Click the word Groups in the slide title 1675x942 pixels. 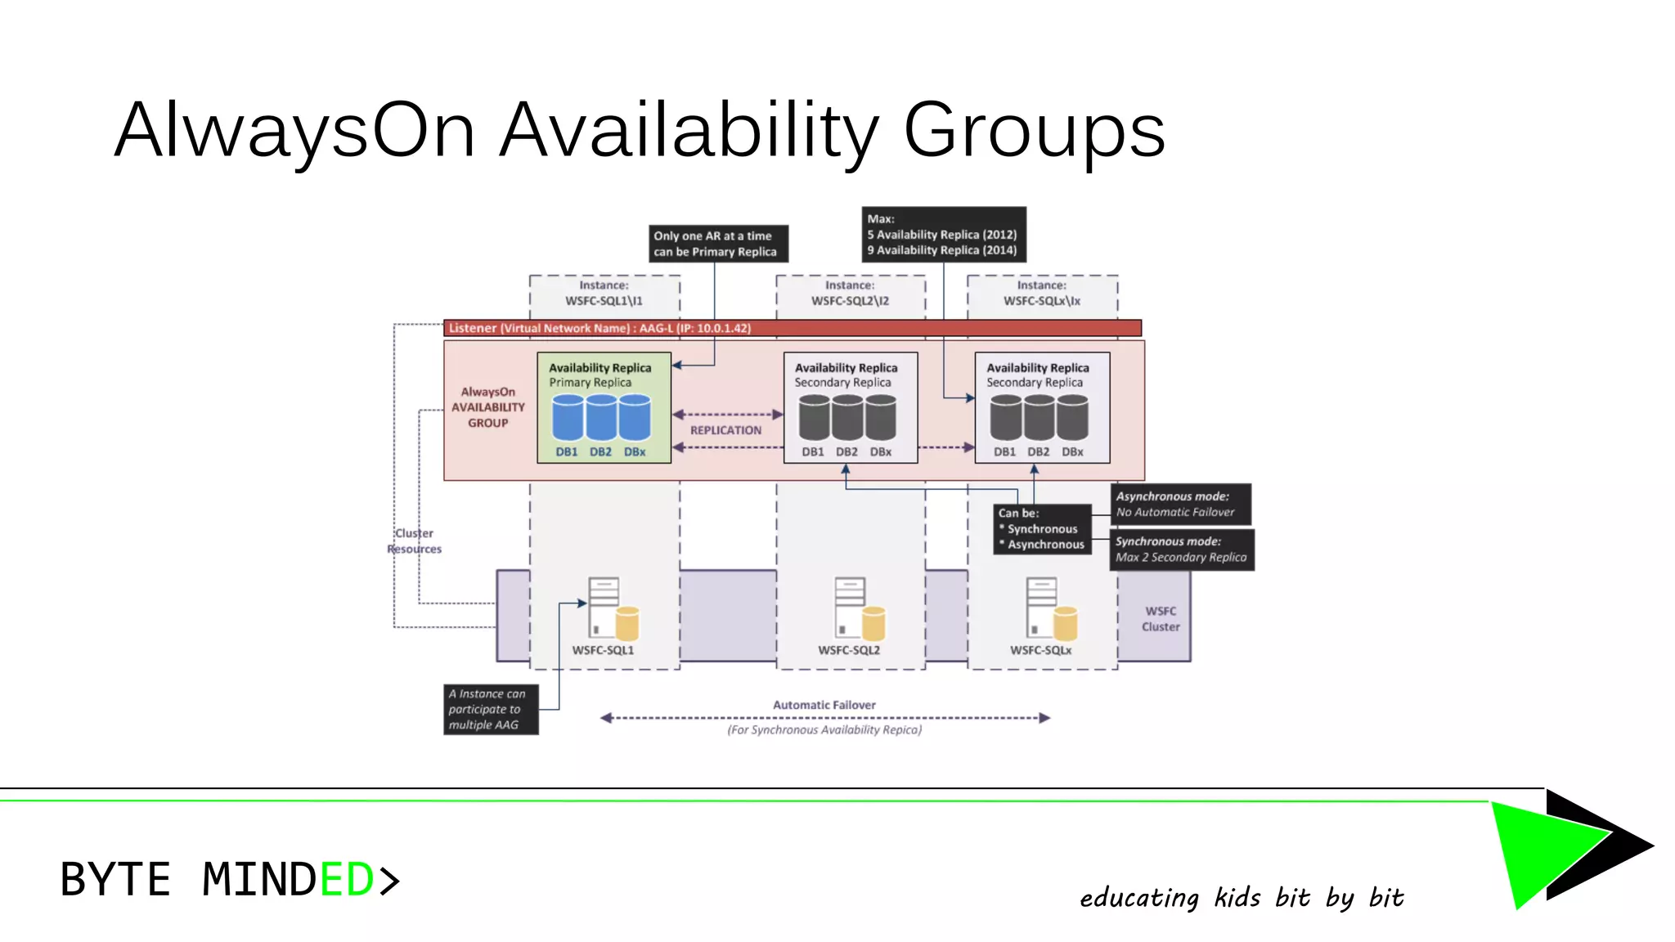click(x=1034, y=131)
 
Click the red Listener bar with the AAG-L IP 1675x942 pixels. click(x=792, y=328)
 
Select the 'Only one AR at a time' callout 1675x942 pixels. click(x=718, y=244)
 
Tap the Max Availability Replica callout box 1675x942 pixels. click(x=943, y=235)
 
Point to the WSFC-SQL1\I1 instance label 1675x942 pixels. click(x=604, y=294)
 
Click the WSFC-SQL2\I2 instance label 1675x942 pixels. click(x=850, y=294)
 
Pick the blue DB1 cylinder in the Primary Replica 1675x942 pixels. click(x=568, y=418)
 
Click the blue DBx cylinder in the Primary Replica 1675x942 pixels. click(x=635, y=418)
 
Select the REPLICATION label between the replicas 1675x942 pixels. click(x=725, y=430)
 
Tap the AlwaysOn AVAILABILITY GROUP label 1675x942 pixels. click(x=487, y=407)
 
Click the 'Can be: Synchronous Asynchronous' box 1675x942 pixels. click(x=1042, y=529)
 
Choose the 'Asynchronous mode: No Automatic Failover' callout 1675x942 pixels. click(x=1180, y=505)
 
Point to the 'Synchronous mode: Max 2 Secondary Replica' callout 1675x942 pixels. click(x=1182, y=549)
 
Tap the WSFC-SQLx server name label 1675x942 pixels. click(x=1040, y=650)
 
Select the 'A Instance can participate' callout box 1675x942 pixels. click(x=491, y=709)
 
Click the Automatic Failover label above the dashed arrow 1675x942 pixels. click(x=824, y=705)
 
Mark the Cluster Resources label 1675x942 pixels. click(x=415, y=541)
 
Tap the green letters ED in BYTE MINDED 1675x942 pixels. click(x=347, y=880)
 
